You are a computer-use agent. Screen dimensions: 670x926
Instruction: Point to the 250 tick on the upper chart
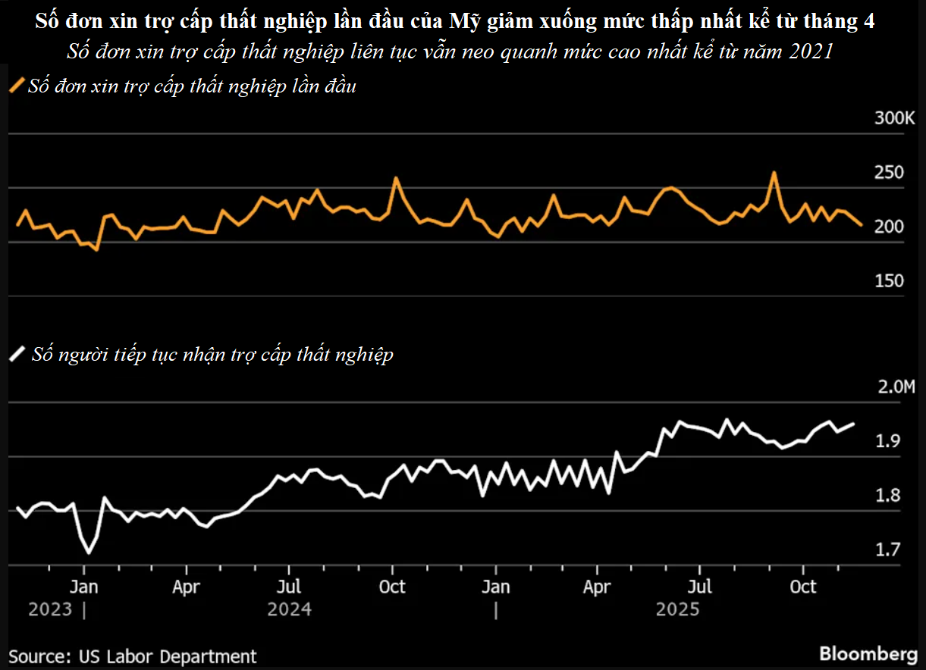pyautogui.click(x=889, y=173)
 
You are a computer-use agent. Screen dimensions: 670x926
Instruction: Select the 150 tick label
pyautogui.click(x=889, y=281)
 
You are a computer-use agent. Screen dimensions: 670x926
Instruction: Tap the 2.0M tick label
pyautogui.click(x=896, y=387)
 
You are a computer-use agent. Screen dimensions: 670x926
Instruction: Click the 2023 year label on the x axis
pyautogui.click(x=50, y=609)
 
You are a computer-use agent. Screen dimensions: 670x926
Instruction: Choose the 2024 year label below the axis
pyautogui.click(x=289, y=609)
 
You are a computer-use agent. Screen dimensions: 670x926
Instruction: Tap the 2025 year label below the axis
pyautogui.click(x=677, y=609)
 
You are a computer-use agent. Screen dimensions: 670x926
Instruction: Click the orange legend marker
pyautogui.click(x=17, y=86)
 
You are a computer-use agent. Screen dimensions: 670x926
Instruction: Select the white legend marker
pyautogui.click(x=17, y=354)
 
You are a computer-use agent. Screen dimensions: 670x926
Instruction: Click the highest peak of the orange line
pyautogui.click(x=774, y=172)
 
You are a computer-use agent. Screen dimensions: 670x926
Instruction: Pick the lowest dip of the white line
pyautogui.click(x=89, y=553)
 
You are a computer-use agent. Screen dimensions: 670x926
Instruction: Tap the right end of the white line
pyautogui.click(x=855, y=424)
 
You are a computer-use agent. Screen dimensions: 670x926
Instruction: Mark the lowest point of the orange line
pyautogui.click(x=96, y=249)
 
